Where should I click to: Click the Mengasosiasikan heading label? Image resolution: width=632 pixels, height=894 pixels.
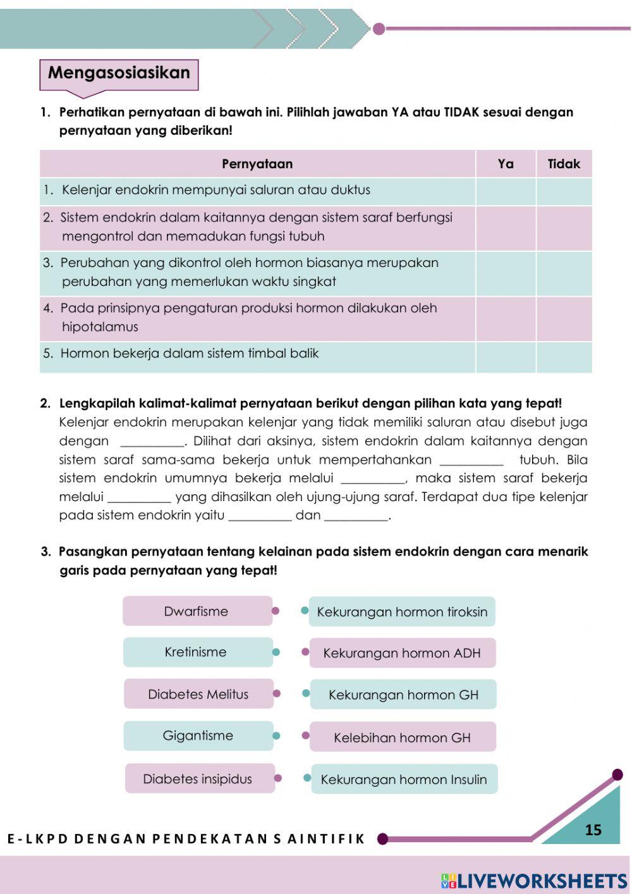tap(119, 73)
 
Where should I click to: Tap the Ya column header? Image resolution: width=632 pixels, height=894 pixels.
tap(506, 164)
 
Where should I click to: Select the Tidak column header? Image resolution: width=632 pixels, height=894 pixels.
tap(564, 164)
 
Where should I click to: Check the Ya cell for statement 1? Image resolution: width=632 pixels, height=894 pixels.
tap(506, 191)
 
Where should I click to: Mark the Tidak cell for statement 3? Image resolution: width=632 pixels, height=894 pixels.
tap(564, 273)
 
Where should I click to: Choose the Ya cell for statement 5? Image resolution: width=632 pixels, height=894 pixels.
tap(506, 357)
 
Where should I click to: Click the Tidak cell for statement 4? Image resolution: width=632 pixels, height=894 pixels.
tap(564, 319)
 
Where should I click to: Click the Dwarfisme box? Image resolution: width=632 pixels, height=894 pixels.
tap(197, 611)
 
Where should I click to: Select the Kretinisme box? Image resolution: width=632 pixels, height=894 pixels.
tap(197, 652)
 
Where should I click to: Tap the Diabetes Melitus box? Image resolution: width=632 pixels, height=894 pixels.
tap(198, 694)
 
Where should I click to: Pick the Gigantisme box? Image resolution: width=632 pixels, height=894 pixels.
tap(198, 736)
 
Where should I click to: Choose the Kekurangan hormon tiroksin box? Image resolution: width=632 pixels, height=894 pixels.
tap(402, 612)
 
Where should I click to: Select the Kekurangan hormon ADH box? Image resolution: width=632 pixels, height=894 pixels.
tap(402, 654)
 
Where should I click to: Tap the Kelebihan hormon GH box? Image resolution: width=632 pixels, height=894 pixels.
tap(403, 737)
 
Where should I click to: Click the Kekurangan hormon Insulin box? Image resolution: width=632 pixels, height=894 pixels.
tap(404, 779)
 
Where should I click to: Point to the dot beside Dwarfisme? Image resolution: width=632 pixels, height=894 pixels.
tap(276, 611)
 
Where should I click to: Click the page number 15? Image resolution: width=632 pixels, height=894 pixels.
tap(593, 830)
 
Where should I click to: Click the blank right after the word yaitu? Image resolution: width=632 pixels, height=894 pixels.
tap(260, 516)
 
